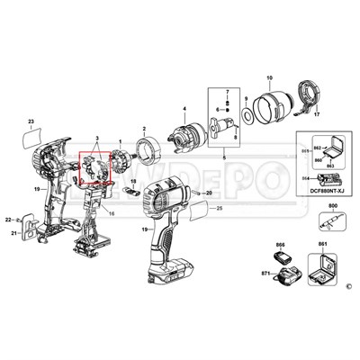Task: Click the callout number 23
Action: [x=31, y=121]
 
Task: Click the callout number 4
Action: [x=184, y=110]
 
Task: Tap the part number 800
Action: [x=332, y=206]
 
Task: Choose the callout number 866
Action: [x=280, y=243]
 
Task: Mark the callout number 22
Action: [x=7, y=220]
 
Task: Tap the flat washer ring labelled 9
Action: [x=246, y=116]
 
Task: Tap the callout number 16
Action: [x=112, y=213]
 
